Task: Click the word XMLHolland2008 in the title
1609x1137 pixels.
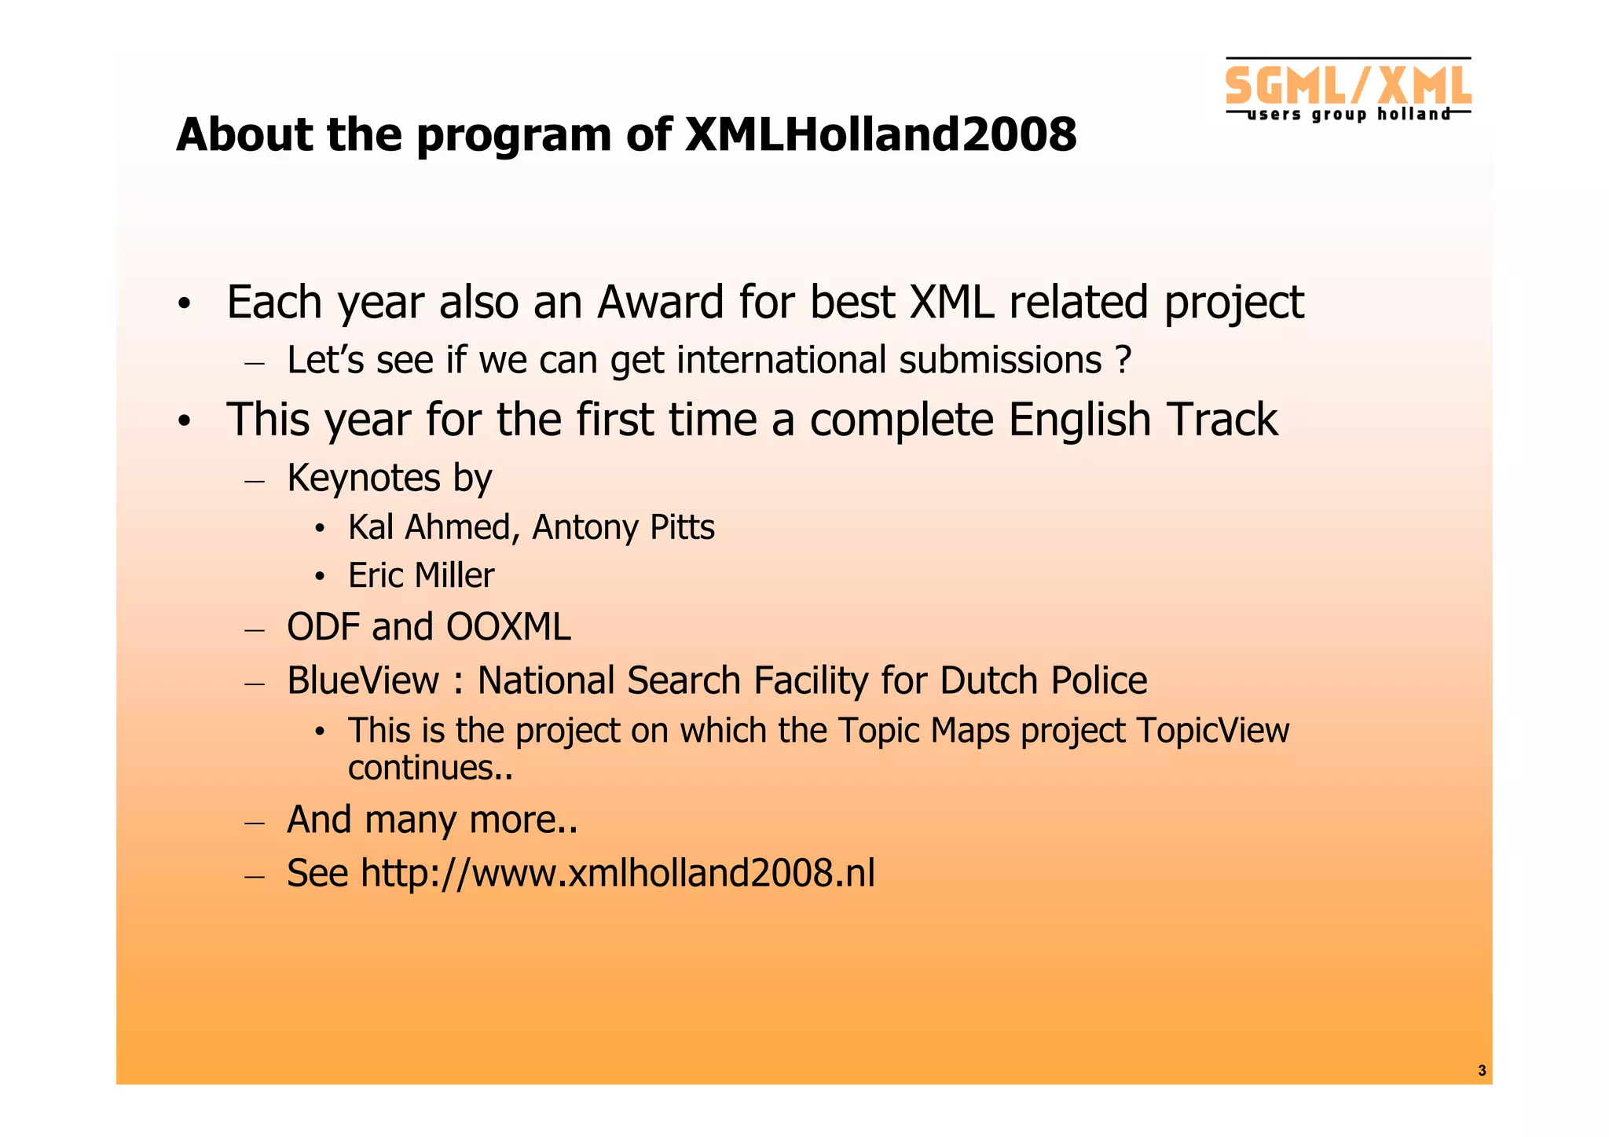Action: (880, 135)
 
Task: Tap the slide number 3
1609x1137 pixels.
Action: (1482, 1070)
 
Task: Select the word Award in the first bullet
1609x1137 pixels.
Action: (660, 303)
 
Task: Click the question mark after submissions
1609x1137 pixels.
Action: (1123, 361)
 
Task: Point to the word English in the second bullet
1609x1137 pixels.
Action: (1079, 420)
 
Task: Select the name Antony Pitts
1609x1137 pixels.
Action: (623, 527)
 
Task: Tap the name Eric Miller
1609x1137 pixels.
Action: (421, 576)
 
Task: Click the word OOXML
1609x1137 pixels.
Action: (508, 628)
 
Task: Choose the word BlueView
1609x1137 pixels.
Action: (363, 680)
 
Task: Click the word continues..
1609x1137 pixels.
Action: (423, 768)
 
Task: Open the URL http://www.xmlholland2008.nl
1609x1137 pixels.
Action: (618, 874)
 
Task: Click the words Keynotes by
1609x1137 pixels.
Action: (390, 479)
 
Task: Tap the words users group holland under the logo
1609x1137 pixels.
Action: (1348, 115)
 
